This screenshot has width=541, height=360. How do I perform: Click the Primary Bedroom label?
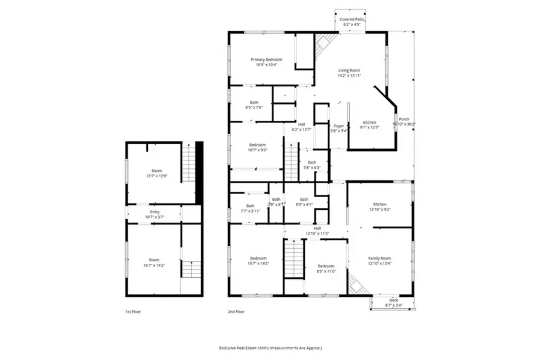pos(266,59)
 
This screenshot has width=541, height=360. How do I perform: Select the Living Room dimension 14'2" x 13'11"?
pos(349,76)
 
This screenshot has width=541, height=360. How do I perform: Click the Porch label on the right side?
pos(404,119)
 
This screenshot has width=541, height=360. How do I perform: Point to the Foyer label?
pos(339,126)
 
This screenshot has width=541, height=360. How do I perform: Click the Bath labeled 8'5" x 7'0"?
pos(252,103)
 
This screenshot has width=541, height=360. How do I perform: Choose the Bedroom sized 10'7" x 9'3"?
pos(257,145)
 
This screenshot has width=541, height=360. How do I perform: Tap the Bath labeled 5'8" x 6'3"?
pos(312,162)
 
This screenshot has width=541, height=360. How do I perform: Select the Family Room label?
pos(379,258)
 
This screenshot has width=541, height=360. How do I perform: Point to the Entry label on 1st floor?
pos(154,212)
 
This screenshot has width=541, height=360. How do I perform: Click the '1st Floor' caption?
pos(133,312)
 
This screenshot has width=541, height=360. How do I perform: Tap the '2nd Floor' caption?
pos(236,312)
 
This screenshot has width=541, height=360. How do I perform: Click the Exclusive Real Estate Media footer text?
pos(270,348)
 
